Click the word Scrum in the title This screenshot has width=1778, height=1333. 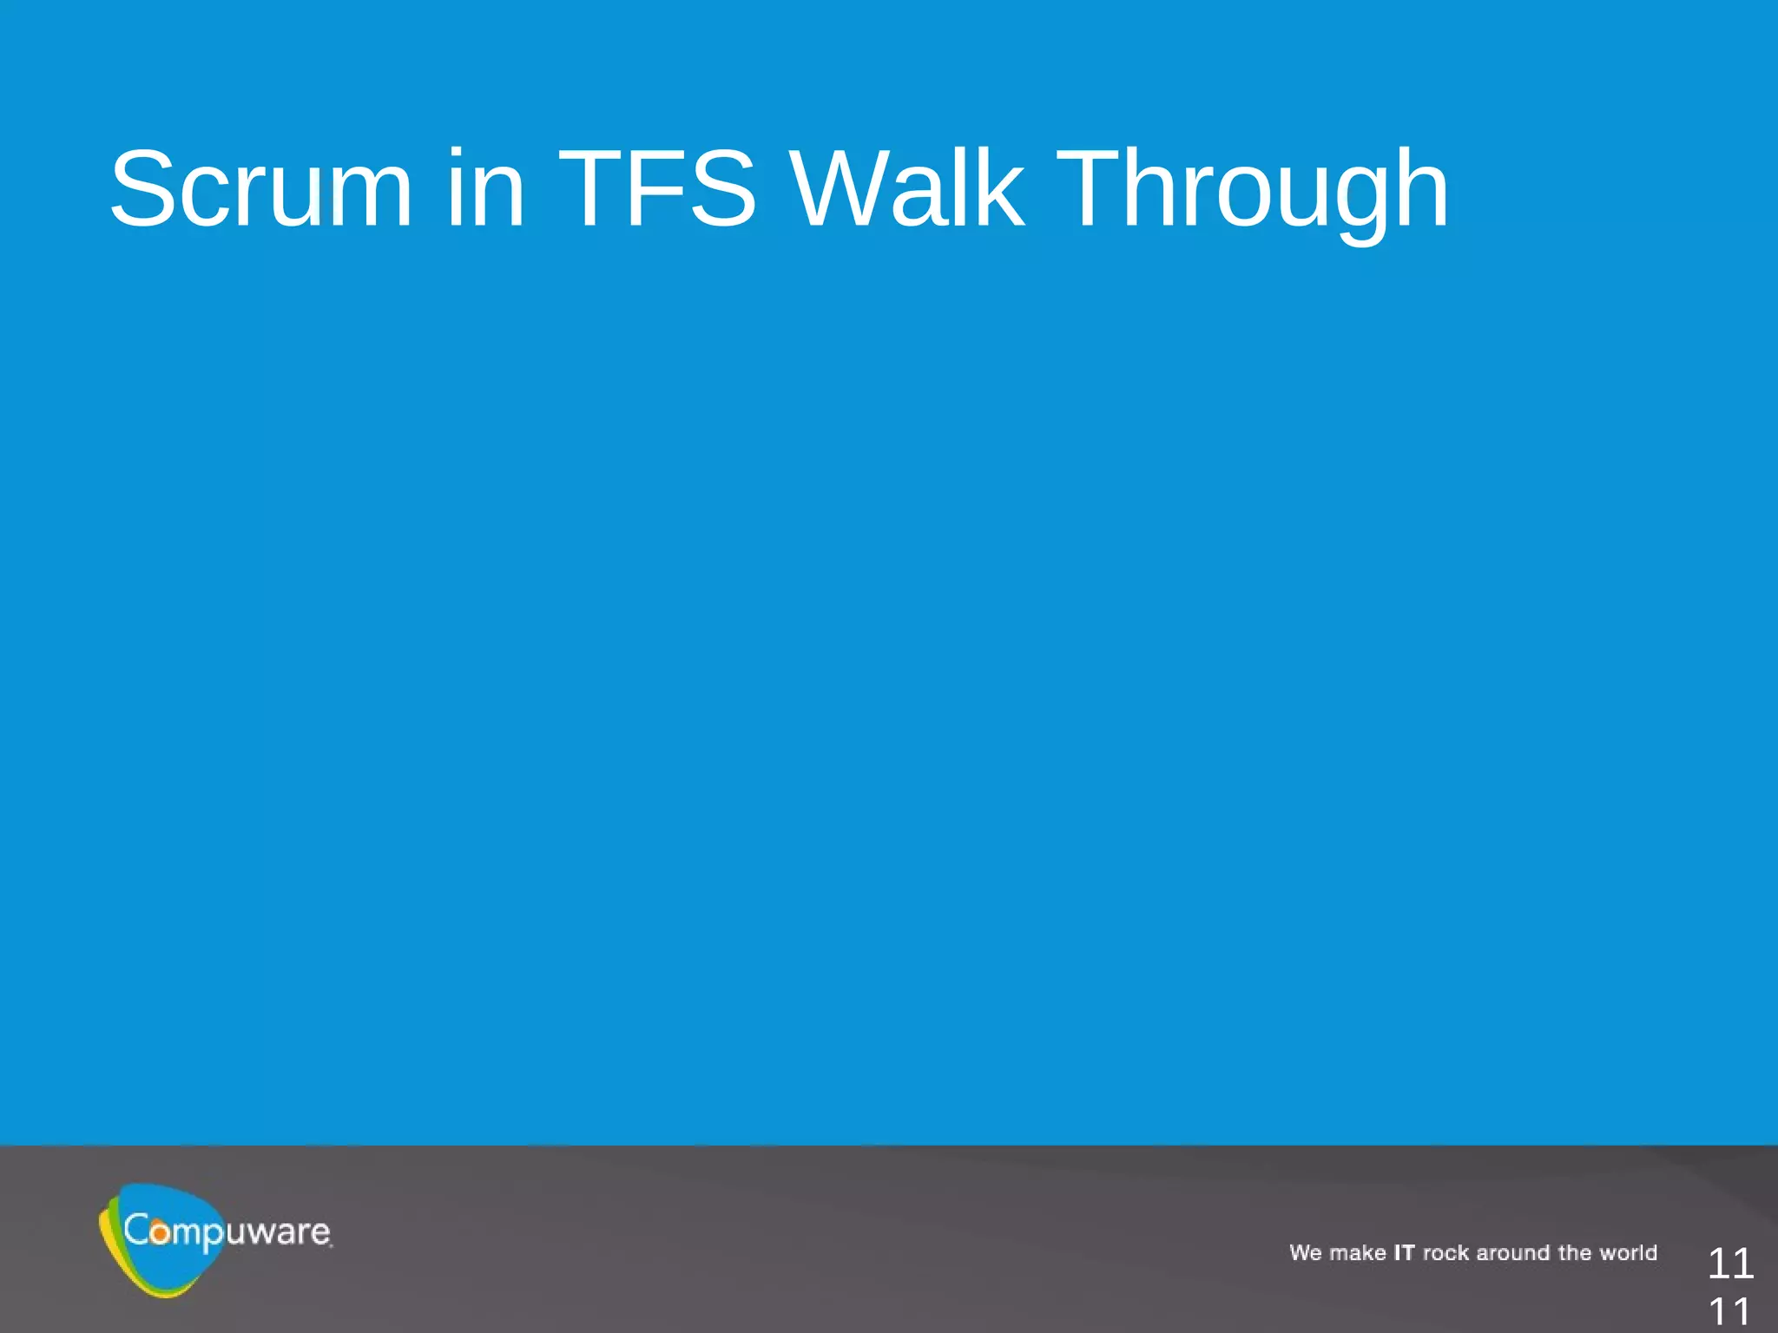[x=260, y=188]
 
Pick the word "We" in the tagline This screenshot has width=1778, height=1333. [x=1305, y=1253]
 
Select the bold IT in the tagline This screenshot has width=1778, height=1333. [x=1404, y=1253]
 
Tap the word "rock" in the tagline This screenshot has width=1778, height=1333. [x=1445, y=1253]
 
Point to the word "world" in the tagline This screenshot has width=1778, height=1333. [x=1629, y=1253]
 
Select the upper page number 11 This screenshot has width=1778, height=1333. [x=1730, y=1264]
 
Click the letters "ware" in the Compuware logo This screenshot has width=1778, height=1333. [x=286, y=1232]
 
